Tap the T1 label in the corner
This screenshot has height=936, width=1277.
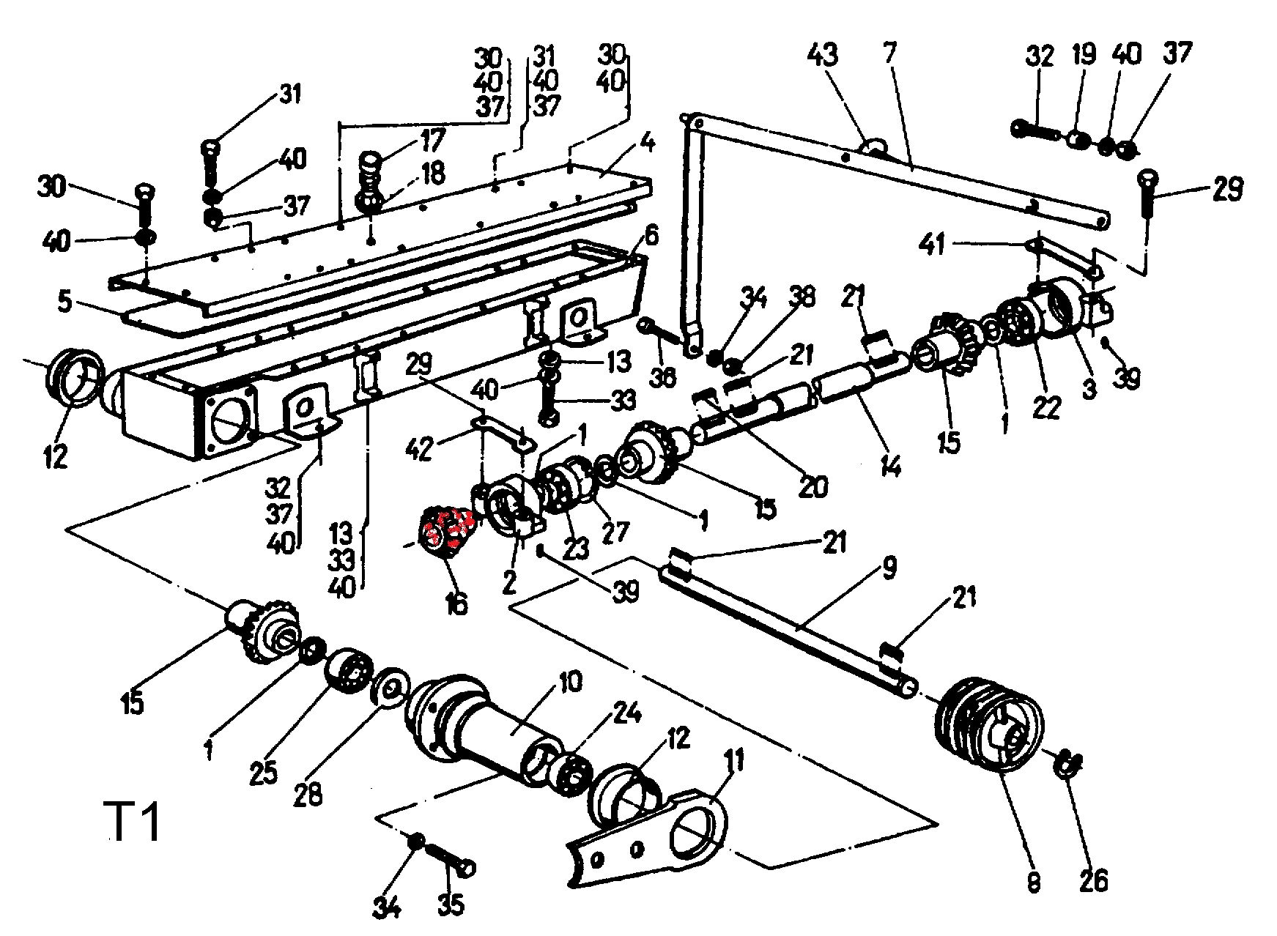(133, 823)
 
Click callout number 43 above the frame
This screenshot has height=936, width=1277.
(822, 56)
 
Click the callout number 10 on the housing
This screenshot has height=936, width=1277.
(569, 682)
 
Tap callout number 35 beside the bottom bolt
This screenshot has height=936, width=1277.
(451, 905)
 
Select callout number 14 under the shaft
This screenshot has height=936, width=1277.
(889, 464)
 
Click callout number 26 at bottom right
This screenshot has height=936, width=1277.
(1092, 879)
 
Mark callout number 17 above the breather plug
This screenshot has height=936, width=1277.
(432, 138)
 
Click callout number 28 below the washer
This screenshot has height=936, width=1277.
(308, 793)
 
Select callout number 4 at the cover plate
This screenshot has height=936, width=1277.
(645, 141)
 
